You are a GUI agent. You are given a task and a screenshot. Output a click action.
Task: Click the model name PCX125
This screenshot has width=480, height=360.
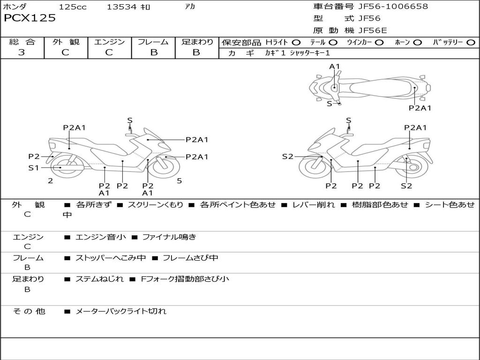(30, 18)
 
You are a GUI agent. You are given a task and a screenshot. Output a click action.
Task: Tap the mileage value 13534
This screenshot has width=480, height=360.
(122, 7)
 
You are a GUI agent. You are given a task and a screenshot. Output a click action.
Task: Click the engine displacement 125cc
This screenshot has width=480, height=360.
(73, 7)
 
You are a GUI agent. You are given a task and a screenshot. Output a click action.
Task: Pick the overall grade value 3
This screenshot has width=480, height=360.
(22, 52)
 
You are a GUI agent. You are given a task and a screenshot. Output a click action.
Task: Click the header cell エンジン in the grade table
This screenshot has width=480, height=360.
(109, 42)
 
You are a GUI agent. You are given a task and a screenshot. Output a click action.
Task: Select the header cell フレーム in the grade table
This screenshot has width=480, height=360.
(153, 42)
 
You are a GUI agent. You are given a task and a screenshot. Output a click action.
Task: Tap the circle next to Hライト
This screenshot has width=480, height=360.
(296, 43)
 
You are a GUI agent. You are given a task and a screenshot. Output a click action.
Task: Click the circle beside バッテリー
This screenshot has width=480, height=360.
(471, 43)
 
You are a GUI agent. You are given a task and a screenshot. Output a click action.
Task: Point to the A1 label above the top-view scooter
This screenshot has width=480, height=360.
(334, 67)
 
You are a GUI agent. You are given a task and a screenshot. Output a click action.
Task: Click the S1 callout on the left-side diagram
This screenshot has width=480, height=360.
(34, 167)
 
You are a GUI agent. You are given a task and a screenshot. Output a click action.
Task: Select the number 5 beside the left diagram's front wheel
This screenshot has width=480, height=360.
(179, 180)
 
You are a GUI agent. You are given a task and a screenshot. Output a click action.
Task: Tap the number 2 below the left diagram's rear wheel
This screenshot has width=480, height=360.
(50, 180)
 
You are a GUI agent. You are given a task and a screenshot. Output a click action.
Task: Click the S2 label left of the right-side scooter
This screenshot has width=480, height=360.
(287, 157)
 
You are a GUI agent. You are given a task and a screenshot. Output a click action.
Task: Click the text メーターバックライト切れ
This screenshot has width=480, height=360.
(121, 311)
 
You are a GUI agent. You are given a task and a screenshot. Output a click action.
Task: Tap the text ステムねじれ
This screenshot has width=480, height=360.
(99, 279)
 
